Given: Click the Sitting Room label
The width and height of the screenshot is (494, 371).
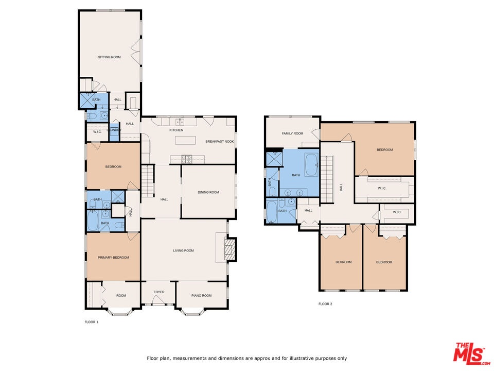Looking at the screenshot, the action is (x=109, y=57).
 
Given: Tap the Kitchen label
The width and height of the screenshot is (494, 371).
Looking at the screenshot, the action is (x=176, y=130).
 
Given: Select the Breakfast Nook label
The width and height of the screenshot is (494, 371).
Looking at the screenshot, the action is (x=220, y=141).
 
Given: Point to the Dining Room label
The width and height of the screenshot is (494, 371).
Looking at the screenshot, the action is (x=208, y=192).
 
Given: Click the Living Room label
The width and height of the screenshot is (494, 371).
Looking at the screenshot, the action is (x=183, y=250).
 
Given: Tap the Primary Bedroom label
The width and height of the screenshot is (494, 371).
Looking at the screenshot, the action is (x=113, y=258).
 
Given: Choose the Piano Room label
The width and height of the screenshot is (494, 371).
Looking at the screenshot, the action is (x=201, y=296).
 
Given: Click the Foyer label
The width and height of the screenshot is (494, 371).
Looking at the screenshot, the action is (x=159, y=292).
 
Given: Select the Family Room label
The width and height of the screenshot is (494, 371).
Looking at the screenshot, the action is (x=292, y=133).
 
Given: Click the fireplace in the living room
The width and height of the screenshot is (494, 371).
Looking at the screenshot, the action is (x=230, y=249).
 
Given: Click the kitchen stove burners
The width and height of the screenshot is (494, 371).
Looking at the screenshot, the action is (x=186, y=159).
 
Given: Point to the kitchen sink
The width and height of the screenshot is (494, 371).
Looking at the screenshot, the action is (x=180, y=122).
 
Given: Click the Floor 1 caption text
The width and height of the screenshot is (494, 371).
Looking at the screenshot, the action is (x=92, y=322).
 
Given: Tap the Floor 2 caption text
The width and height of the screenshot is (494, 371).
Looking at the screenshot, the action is (x=325, y=304).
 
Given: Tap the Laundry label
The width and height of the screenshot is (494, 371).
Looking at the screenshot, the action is (x=114, y=130).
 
